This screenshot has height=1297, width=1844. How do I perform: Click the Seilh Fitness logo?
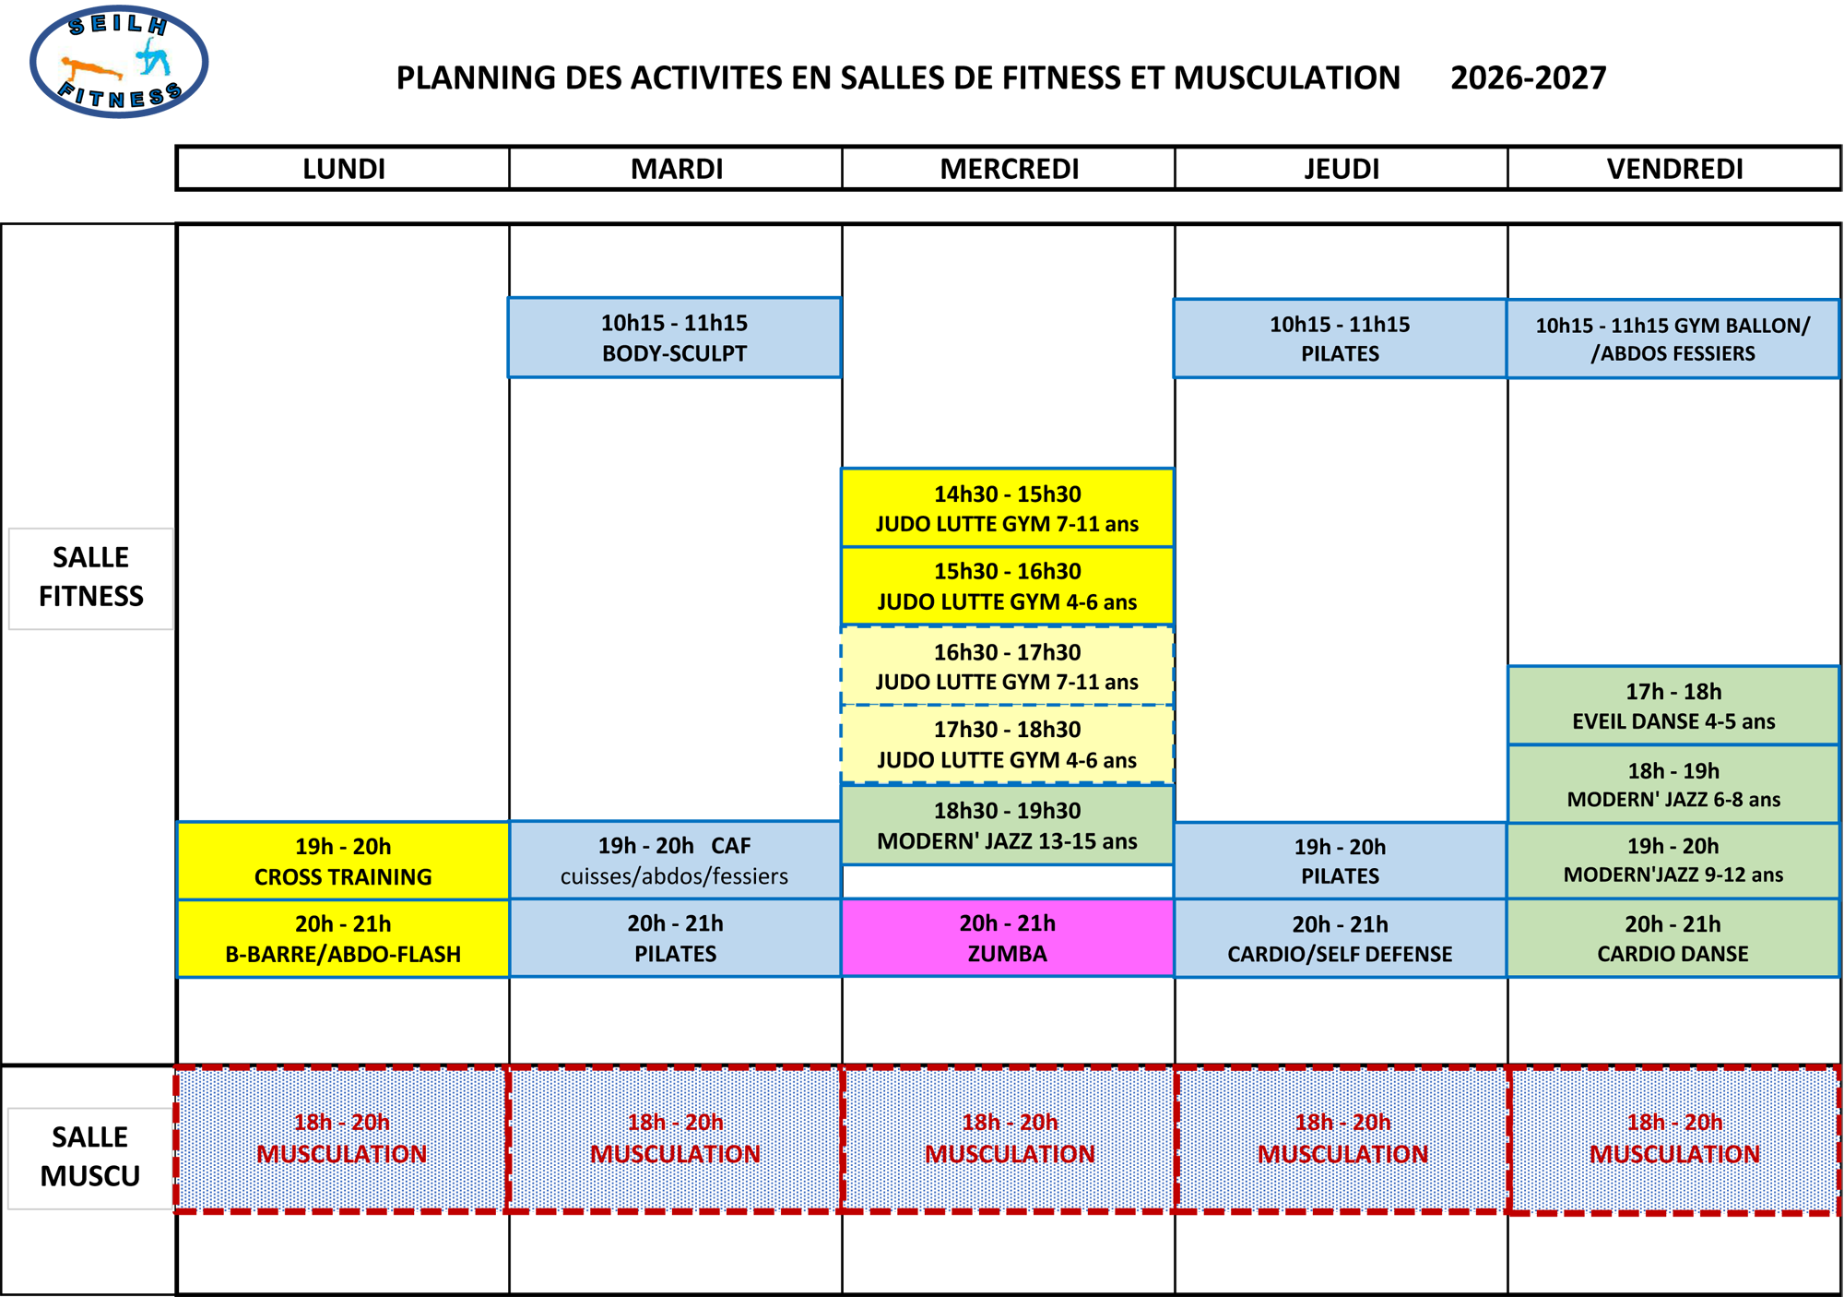click(x=119, y=62)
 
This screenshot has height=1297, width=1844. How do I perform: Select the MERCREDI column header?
click(x=1009, y=169)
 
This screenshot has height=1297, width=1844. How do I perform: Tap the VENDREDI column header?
click(x=1674, y=169)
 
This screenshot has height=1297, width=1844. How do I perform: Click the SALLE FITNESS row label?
click(x=90, y=578)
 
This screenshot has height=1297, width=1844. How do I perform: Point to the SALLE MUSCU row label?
click(x=90, y=1158)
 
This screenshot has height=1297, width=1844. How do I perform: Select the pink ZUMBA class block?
click(x=1008, y=938)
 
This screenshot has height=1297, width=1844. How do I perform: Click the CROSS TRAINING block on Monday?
click(x=343, y=861)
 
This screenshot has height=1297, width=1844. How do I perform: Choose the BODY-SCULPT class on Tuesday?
click(x=675, y=338)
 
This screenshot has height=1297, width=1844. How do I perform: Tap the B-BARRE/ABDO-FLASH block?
click(x=343, y=938)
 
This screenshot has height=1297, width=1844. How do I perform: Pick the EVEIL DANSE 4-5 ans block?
click(x=1673, y=706)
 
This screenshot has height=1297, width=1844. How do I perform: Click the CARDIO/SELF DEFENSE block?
click(x=1341, y=938)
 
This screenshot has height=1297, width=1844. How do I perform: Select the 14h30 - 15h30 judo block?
click(x=1008, y=508)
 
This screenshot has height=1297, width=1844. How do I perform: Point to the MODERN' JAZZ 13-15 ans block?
click(x=1008, y=825)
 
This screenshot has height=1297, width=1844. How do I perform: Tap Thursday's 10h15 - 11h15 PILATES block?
click(x=1341, y=339)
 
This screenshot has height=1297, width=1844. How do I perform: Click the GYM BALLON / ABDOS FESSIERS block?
click(x=1673, y=339)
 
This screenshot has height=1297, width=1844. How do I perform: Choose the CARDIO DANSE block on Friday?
click(x=1673, y=938)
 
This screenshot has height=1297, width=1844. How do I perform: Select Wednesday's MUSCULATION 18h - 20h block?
click(x=1010, y=1138)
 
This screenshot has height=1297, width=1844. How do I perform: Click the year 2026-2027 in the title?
click(x=1529, y=77)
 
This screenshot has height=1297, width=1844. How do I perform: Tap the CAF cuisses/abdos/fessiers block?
click(x=675, y=861)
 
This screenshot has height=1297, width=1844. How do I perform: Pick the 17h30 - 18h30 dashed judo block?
click(x=1008, y=744)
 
